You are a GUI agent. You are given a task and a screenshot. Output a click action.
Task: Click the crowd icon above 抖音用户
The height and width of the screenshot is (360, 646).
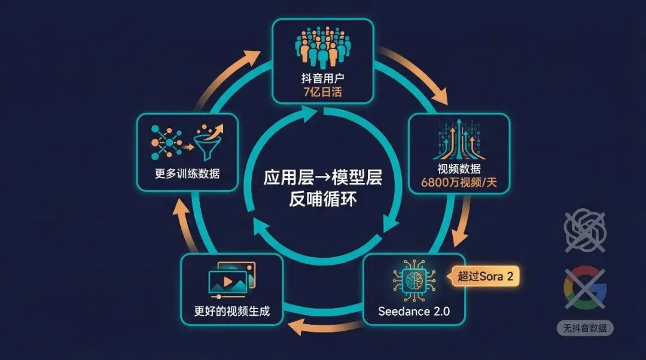pos(322,47)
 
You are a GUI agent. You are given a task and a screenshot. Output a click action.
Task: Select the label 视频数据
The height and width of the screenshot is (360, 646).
pos(459,169)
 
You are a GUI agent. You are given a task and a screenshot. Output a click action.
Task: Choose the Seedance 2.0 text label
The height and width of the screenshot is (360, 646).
pos(414,312)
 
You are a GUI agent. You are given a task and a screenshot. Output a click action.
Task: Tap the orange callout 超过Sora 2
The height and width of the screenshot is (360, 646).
pos(485,276)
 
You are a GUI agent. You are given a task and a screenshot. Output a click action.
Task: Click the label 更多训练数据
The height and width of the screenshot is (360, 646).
pos(187,175)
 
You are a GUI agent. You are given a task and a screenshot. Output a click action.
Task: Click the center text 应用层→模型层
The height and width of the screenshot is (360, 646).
pos(322,178)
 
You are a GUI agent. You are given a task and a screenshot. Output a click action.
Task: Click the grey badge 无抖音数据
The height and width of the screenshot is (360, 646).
pos(584,328)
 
